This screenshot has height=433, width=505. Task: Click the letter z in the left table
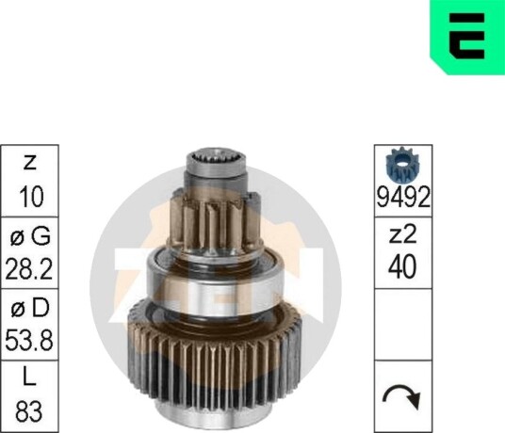click(29, 163)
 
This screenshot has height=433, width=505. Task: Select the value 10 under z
click(31, 197)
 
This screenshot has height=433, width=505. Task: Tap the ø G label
click(30, 236)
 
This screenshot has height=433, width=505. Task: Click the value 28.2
click(29, 268)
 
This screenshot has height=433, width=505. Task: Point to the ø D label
click(30, 308)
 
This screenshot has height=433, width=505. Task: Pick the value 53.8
click(29, 340)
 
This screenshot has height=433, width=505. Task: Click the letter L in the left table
click(29, 377)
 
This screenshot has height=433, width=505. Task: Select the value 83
click(29, 411)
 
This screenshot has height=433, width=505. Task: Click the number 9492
click(403, 197)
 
